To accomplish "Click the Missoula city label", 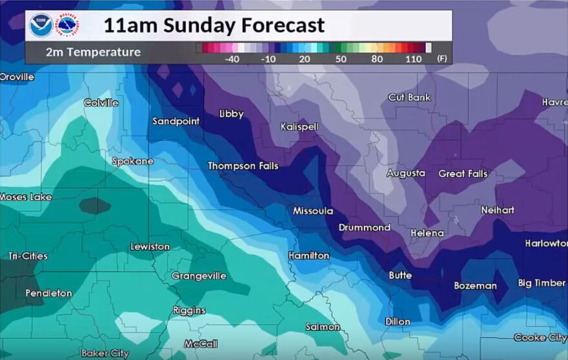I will (313, 211).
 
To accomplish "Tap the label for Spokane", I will (133, 161).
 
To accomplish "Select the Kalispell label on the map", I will (299, 127).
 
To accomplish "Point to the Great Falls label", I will (463, 174).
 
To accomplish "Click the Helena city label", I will (427, 233).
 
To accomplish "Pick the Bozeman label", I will (475, 286).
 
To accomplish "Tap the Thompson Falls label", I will (243, 166).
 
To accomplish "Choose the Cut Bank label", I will (409, 97).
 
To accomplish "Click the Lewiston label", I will (150, 247).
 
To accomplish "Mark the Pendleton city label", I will (48, 294).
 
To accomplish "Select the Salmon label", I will (323, 327).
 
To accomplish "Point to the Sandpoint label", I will (176, 121).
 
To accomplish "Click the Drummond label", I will (365, 228).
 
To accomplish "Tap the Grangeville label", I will (199, 276).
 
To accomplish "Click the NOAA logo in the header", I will (41, 26).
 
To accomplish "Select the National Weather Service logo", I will (67, 26).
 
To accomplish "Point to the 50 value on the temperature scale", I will (341, 59).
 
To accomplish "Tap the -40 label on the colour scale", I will (232, 59).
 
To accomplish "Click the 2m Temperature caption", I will (93, 52).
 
